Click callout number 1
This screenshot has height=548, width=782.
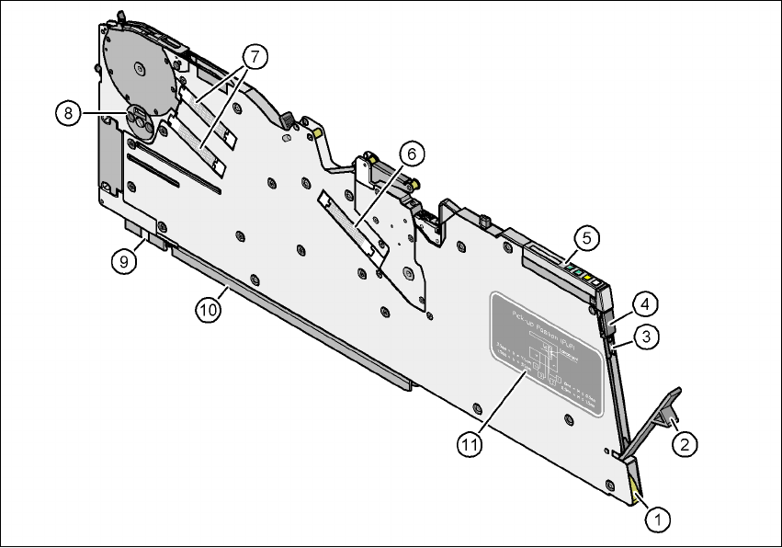coord(657,519)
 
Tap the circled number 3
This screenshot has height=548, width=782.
coord(647,337)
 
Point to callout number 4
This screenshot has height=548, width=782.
coord(646,303)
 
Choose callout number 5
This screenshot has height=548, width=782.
coord(588,236)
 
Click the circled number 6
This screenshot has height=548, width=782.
coord(411,151)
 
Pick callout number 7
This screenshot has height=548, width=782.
coord(254,56)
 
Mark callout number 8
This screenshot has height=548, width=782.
coord(66,113)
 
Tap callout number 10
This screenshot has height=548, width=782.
coord(209,310)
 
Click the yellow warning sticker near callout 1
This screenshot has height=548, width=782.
coord(635,493)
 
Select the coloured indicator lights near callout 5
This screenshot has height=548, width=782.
coord(583,273)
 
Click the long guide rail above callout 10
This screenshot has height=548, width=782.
coord(285,313)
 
